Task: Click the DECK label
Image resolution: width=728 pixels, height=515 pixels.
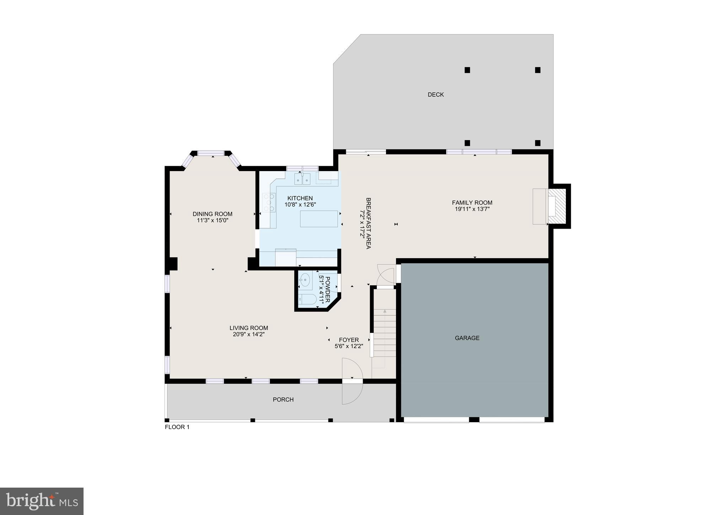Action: pos(435,95)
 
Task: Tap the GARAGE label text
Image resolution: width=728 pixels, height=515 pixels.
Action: pos(467,338)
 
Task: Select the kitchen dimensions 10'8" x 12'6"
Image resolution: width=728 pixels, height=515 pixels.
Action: pos(300,205)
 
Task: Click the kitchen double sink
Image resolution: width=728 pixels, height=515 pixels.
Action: pos(302,179)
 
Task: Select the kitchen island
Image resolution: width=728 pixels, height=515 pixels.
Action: pos(319,218)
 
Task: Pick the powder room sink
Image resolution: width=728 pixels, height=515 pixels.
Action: pos(305,280)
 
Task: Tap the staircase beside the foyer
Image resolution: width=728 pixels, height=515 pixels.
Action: pos(384,333)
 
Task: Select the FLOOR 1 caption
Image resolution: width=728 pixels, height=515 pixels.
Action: pos(177,427)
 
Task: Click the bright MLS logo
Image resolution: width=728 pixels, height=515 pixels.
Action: pos(42,501)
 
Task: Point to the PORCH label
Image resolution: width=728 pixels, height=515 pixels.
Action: pos(283,400)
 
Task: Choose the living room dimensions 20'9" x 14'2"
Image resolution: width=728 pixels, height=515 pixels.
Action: pos(248,334)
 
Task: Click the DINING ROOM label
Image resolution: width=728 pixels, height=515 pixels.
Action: pos(212,214)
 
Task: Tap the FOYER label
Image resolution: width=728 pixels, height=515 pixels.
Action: pos(349,340)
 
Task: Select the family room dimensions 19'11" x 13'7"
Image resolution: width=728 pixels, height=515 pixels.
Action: pos(472,209)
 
